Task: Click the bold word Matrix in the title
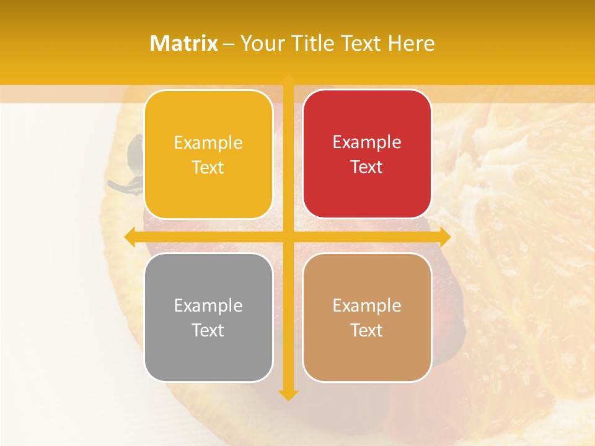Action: coord(184,43)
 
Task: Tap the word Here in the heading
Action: coord(411,43)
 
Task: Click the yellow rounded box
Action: coord(208,155)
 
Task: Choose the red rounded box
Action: coord(367,154)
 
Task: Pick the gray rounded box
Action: coord(208,317)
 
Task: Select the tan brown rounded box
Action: coord(367,317)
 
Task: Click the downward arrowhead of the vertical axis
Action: coord(288,395)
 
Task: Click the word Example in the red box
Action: coord(367,142)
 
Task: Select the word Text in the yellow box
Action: coord(208,167)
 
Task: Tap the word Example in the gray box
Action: coord(208,305)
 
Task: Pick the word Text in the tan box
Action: coord(367,330)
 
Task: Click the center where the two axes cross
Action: coord(288,237)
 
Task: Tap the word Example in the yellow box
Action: coord(208,142)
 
